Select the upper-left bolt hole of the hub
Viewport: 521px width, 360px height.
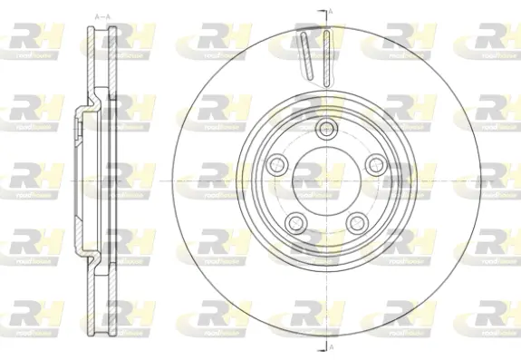276,163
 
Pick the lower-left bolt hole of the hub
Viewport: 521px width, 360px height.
294,220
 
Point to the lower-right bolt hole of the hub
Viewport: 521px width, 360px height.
355,220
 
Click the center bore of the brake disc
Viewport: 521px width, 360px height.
324,180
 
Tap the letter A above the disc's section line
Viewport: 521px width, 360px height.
331,9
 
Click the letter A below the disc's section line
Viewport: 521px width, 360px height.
331,350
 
